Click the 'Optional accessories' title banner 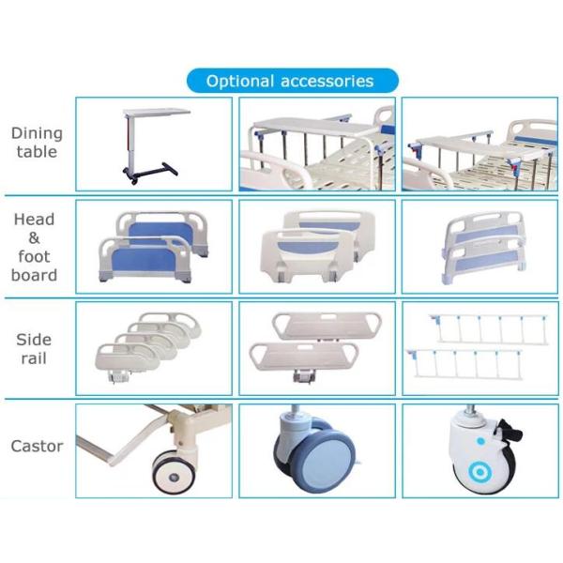click(290, 81)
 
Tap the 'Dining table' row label click(35, 143)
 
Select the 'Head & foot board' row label click(35, 247)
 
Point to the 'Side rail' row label click(35, 348)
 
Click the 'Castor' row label click(37, 446)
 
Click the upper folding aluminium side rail click(475, 328)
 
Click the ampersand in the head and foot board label click(35, 237)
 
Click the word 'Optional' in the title click(240, 81)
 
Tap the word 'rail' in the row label click(35, 358)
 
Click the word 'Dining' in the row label click(35, 133)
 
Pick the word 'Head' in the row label click(35, 220)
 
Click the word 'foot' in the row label click(35, 256)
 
